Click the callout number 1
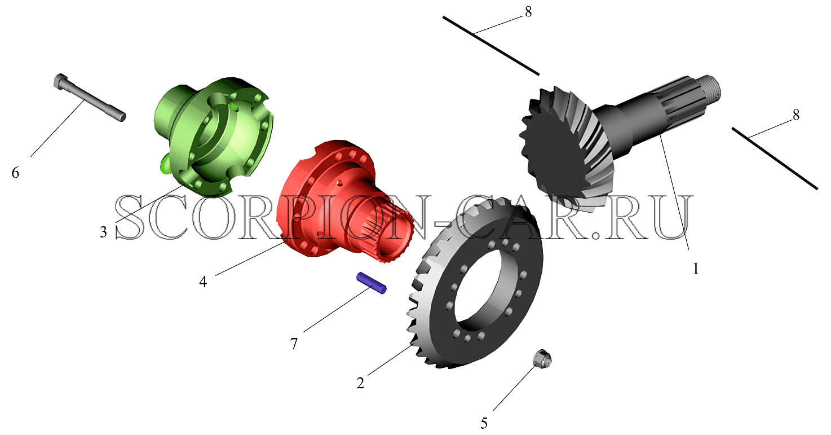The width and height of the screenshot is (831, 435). coord(696,269)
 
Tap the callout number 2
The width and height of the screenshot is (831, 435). coord(360,383)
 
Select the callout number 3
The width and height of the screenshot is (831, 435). coord(104,232)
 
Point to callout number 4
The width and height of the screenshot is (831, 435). coord(203,282)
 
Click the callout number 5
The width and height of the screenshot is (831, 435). coord(484,423)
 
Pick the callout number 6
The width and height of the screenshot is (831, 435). coord(15,173)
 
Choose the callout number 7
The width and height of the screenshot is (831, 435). coord(294,344)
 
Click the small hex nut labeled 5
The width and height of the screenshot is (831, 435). coord(542,359)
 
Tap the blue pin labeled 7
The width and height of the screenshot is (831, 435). coord(371,283)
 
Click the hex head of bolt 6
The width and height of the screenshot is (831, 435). coord(61,81)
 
